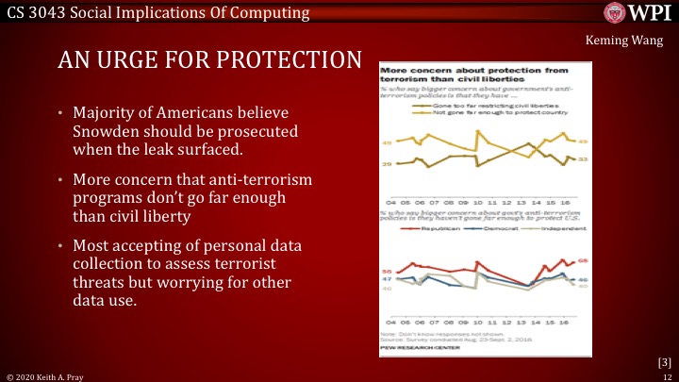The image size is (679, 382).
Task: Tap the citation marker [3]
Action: [x=663, y=361]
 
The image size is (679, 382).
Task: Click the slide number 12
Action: [x=667, y=375]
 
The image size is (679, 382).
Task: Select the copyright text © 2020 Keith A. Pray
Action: [x=46, y=375]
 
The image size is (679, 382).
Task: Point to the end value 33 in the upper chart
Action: [x=583, y=160]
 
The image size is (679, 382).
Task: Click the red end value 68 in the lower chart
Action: [x=583, y=260]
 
